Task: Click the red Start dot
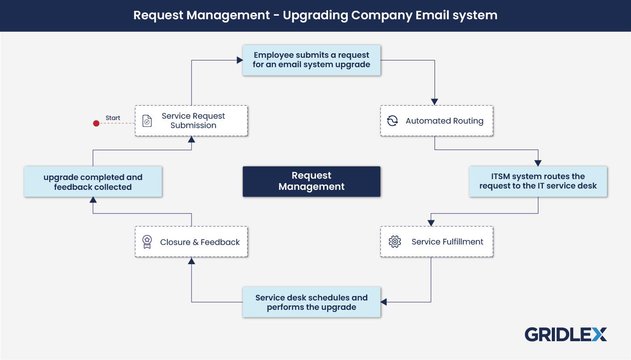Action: tap(96, 123)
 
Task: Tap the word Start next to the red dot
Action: tap(113, 118)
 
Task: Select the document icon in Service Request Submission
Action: tap(147, 121)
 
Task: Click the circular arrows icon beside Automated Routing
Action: tap(392, 121)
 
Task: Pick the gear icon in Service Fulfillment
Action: tap(394, 242)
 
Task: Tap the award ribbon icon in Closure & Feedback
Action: tap(147, 242)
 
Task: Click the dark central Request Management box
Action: tap(311, 181)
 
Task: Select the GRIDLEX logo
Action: tap(566, 334)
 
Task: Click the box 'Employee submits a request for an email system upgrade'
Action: tap(311, 60)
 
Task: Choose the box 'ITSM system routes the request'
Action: tap(538, 181)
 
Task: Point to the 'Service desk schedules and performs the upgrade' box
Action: tap(311, 302)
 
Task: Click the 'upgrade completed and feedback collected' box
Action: tap(93, 182)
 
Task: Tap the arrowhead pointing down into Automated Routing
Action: tap(435, 102)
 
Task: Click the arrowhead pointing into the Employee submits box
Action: tap(239, 60)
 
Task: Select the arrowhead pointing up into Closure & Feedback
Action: tap(192, 261)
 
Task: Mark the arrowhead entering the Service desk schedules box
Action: tap(384, 302)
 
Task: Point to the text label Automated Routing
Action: tap(444, 121)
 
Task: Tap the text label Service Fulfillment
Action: tap(448, 242)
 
